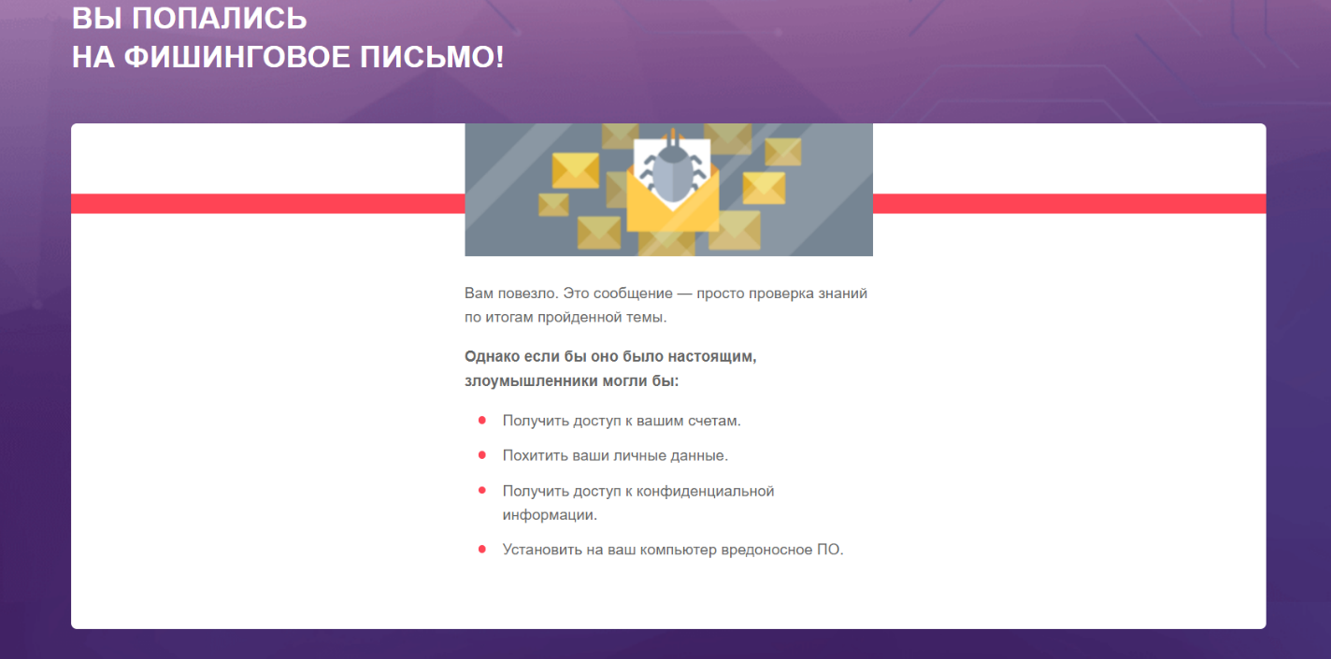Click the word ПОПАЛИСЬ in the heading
tap(220, 19)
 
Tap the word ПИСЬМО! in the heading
tap(432, 58)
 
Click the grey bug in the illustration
tap(673, 168)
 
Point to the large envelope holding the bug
tap(673, 199)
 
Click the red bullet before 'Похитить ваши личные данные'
tap(482, 455)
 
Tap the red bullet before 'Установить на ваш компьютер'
tap(482, 549)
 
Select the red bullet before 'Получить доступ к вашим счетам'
tap(482, 420)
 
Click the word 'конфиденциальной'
tap(707, 492)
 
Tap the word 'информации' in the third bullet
tap(549, 515)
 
